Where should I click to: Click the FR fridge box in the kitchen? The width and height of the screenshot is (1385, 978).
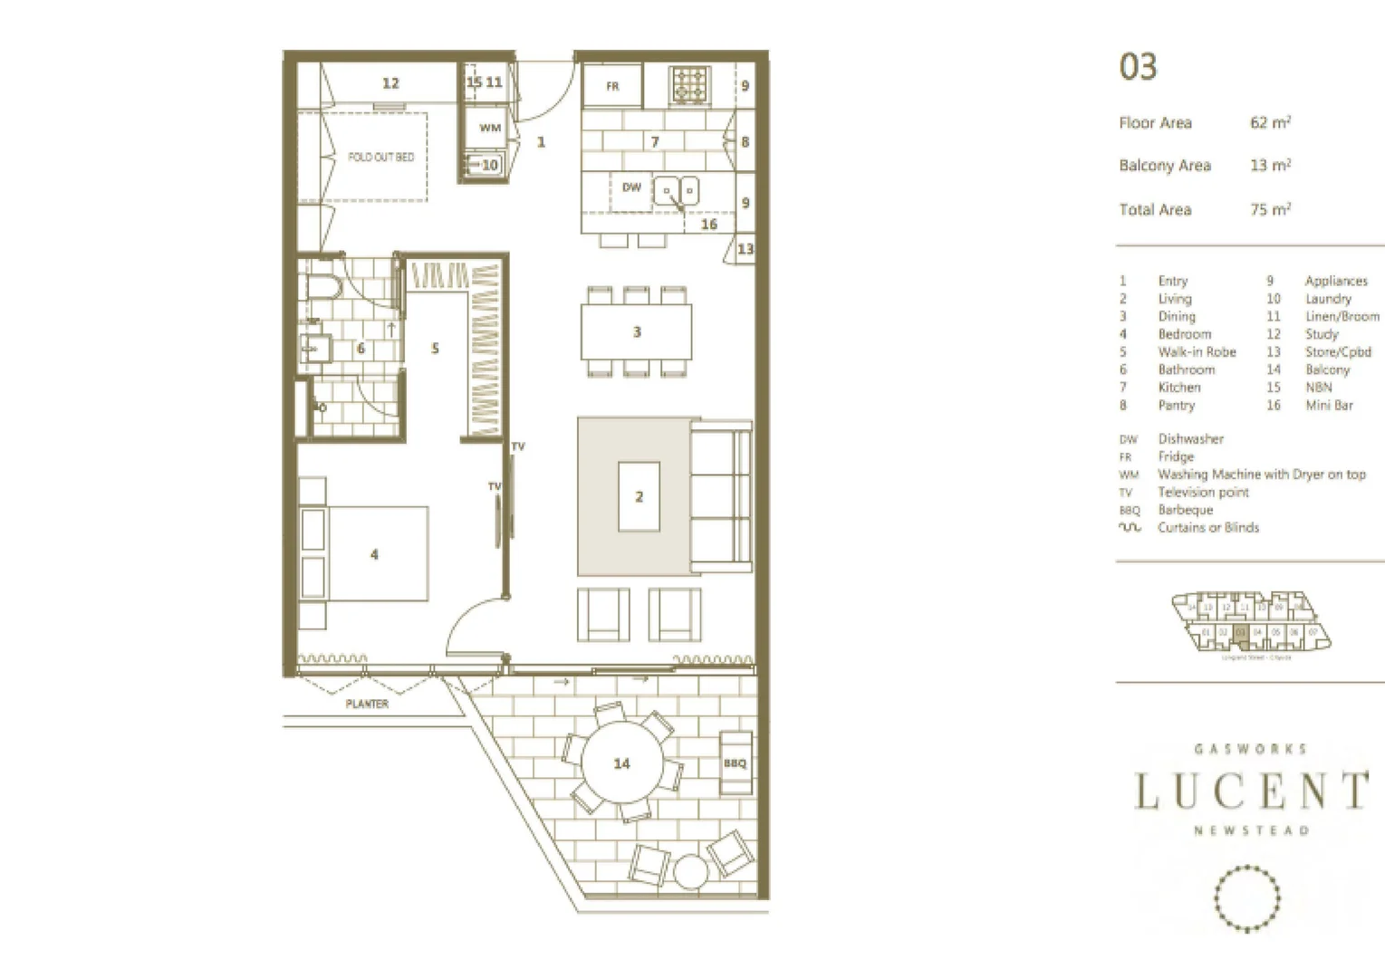point(611,86)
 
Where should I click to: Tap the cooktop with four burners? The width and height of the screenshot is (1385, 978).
point(690,86)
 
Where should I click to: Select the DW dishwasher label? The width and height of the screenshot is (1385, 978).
point(631,187)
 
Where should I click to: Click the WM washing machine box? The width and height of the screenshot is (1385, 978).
point(489,128)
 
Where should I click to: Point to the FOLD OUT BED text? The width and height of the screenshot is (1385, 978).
point(380,157)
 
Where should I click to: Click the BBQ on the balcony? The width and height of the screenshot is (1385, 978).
point(735,763)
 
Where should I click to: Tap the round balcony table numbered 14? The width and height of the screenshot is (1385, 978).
point(621,763)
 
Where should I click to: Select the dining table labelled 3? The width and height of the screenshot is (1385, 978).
point(636,332)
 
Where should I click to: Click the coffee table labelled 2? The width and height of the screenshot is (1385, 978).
point(639,496)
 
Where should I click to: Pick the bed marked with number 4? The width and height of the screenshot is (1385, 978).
point(374,553)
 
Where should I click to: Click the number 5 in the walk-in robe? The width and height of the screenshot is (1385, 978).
point(435,348)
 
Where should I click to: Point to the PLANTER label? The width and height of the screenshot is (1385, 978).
point(367,704)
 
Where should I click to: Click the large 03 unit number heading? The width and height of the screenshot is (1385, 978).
point(1138,67)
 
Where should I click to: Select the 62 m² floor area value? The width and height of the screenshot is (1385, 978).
point(1270,122)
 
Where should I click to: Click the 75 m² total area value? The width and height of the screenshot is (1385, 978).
point(1270,209)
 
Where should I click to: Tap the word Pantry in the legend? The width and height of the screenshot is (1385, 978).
point(1176,405)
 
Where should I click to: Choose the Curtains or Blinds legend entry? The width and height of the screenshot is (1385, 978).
point(1207,527)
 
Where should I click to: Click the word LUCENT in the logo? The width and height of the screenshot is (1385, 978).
point(1250,791)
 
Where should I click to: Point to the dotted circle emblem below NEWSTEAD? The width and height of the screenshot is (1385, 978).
point(1246,897)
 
